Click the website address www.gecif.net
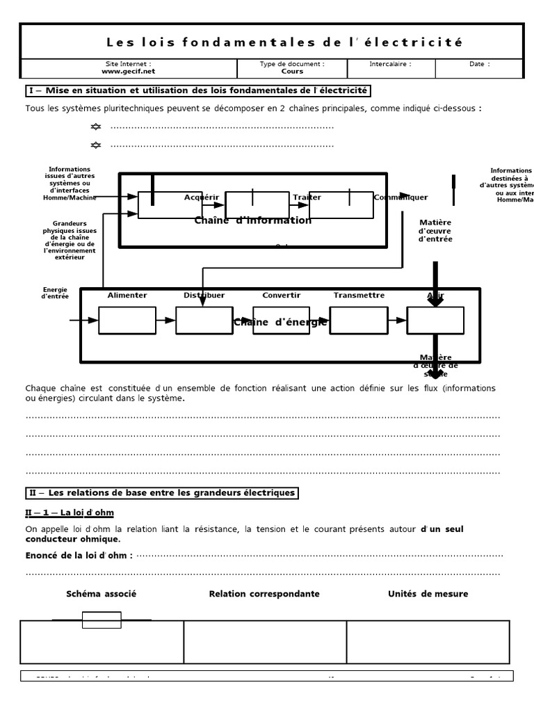coord(129,71)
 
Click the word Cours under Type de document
coord(292,71)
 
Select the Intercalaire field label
coord(390,63)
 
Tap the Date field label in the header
coord(479,63)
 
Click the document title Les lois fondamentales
coord(284,42)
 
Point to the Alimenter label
coord(127,295)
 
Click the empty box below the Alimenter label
coord(127,320)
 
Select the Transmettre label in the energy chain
coord(359,295)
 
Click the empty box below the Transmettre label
coord(359,320)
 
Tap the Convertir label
coord(282,295)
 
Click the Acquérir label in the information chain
coord(202,197)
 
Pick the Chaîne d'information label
coord(253,220)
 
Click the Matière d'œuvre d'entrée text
coord(435,231)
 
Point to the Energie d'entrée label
coord(55,293)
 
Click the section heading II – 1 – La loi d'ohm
coord(70,512)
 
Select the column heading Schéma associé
coord(102,594)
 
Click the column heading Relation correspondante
coord(264,594)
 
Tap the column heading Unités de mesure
coord(428,594)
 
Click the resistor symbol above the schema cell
coord(102,620)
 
